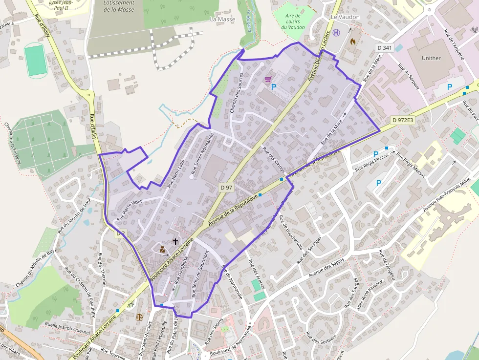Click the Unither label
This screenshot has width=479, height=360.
click(x=431, y=58)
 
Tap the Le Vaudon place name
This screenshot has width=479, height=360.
click(x=345, y=17)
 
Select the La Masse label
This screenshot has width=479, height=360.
click(x=222, y=19)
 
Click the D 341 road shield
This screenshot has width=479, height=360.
click(x=385, y=47)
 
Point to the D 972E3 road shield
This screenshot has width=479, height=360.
click(x=403, y=120)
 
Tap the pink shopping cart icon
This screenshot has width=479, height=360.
click(x=268, y=79)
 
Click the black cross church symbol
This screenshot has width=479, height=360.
click(x=175, y=241)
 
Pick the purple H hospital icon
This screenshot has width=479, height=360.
click(x=337, y=33)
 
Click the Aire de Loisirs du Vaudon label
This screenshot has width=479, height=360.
click(x=293, y=21)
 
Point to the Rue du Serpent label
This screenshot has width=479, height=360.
click(x=409, y=76)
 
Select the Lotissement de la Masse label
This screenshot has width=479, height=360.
click(x=119, y=6)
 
